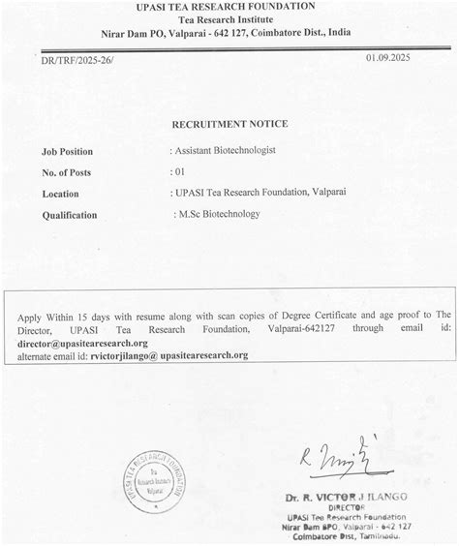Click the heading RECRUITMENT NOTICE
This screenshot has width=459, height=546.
point(229,125)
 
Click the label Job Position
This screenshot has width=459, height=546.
point(70,152)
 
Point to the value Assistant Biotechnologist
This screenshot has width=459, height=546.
point(225,151)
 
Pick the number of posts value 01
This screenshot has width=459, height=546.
point(176,172)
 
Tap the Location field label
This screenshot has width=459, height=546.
point(60,194)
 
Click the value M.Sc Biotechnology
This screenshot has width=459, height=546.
point(217,214)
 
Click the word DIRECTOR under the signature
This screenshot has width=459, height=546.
point(356,507)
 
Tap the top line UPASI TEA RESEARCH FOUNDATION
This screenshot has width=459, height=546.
point(229,7)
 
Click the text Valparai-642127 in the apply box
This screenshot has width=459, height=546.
point(287,331)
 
